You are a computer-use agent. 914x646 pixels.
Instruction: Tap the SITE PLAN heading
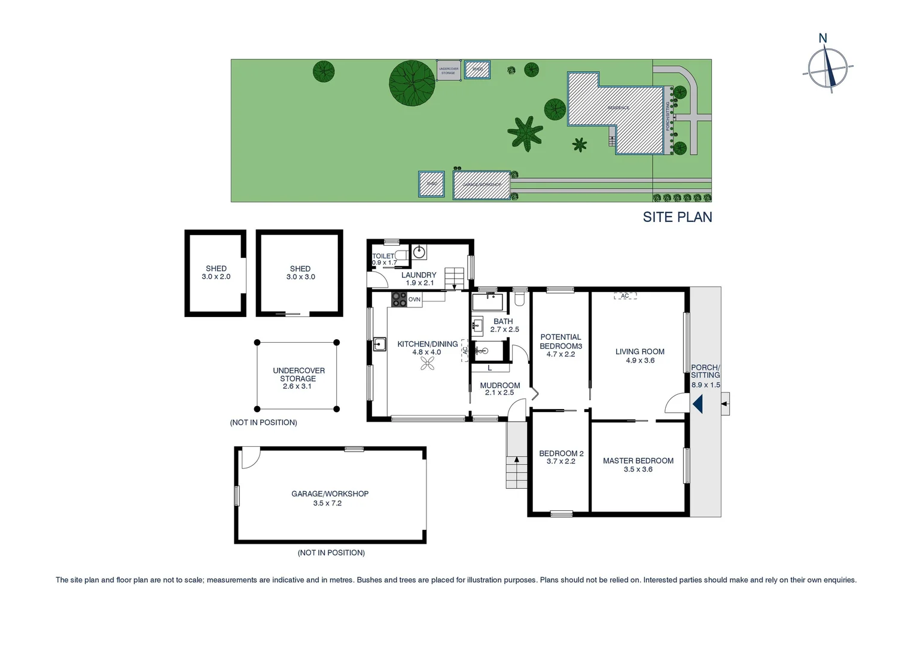(x=677, y=217)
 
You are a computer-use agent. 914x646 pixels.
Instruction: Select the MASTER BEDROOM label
(x=638, y=461)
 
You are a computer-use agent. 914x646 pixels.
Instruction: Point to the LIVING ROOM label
(x=639, y=352)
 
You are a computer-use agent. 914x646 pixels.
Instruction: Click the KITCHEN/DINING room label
(x=427, y=344)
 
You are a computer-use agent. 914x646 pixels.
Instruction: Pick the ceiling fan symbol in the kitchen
(x=427, y=364)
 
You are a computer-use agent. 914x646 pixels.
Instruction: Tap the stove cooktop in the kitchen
(x=399, y=299)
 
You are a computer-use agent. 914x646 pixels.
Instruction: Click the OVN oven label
(x=415, y=299)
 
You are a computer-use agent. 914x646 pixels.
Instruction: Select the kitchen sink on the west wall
(x=379, y=344)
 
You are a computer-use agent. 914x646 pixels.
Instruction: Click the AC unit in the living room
(x=624, y=296)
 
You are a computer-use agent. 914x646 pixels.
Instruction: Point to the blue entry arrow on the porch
(x=697, y=405)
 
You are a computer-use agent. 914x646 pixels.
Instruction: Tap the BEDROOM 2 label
(x=560, y=453)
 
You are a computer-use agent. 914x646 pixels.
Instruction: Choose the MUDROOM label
(x=499, y=386)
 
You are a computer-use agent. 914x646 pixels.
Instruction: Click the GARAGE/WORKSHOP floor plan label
(x=330, y=494)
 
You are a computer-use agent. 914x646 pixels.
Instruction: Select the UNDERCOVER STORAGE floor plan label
(x=298, y=374)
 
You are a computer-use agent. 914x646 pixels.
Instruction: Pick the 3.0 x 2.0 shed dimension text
(x=216, y=277)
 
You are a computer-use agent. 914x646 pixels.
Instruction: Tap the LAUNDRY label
(x=418, y=275)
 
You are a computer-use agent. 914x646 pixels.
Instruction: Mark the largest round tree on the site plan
(x=412, y=83)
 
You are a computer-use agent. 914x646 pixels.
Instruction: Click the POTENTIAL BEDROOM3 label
(x=560, y=342)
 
